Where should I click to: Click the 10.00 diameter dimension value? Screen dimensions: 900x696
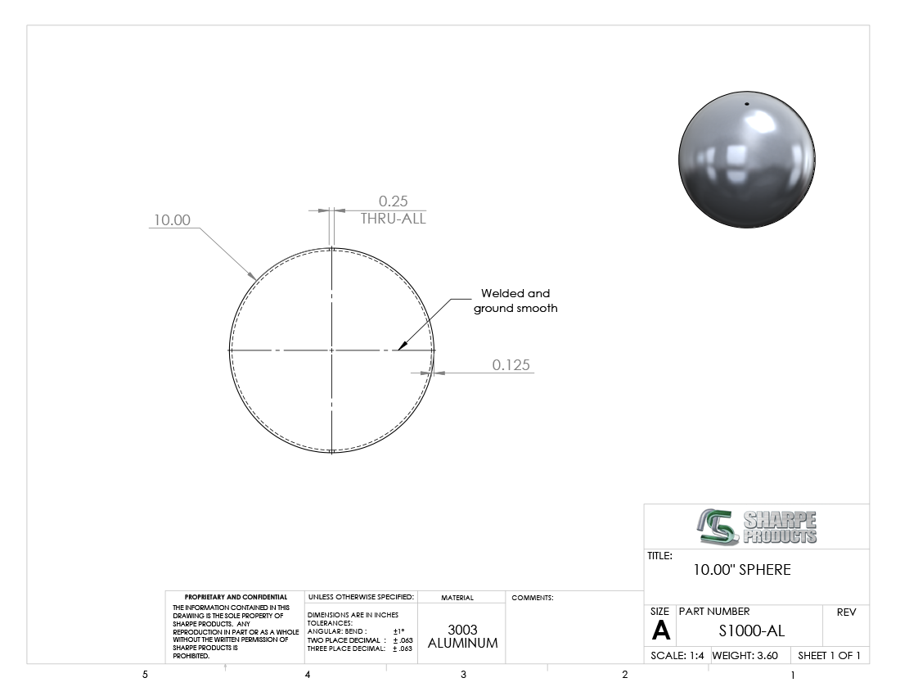(x=172, y=220)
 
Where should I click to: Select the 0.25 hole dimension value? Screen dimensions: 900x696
(x=394, y=201)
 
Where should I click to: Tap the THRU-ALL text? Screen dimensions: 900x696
(x=394, y=219)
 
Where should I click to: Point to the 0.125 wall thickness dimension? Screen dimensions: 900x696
(x=511, y=364)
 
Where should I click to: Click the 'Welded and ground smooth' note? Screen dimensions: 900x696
(x=515, y=301)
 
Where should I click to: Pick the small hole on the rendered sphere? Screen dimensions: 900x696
(x=747, y=104)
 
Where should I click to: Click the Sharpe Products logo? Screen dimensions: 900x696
(x=757, y=527)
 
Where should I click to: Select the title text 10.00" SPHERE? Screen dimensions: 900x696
(x=741, y=570)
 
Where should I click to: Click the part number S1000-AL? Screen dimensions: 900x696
(x=751, y=631)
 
